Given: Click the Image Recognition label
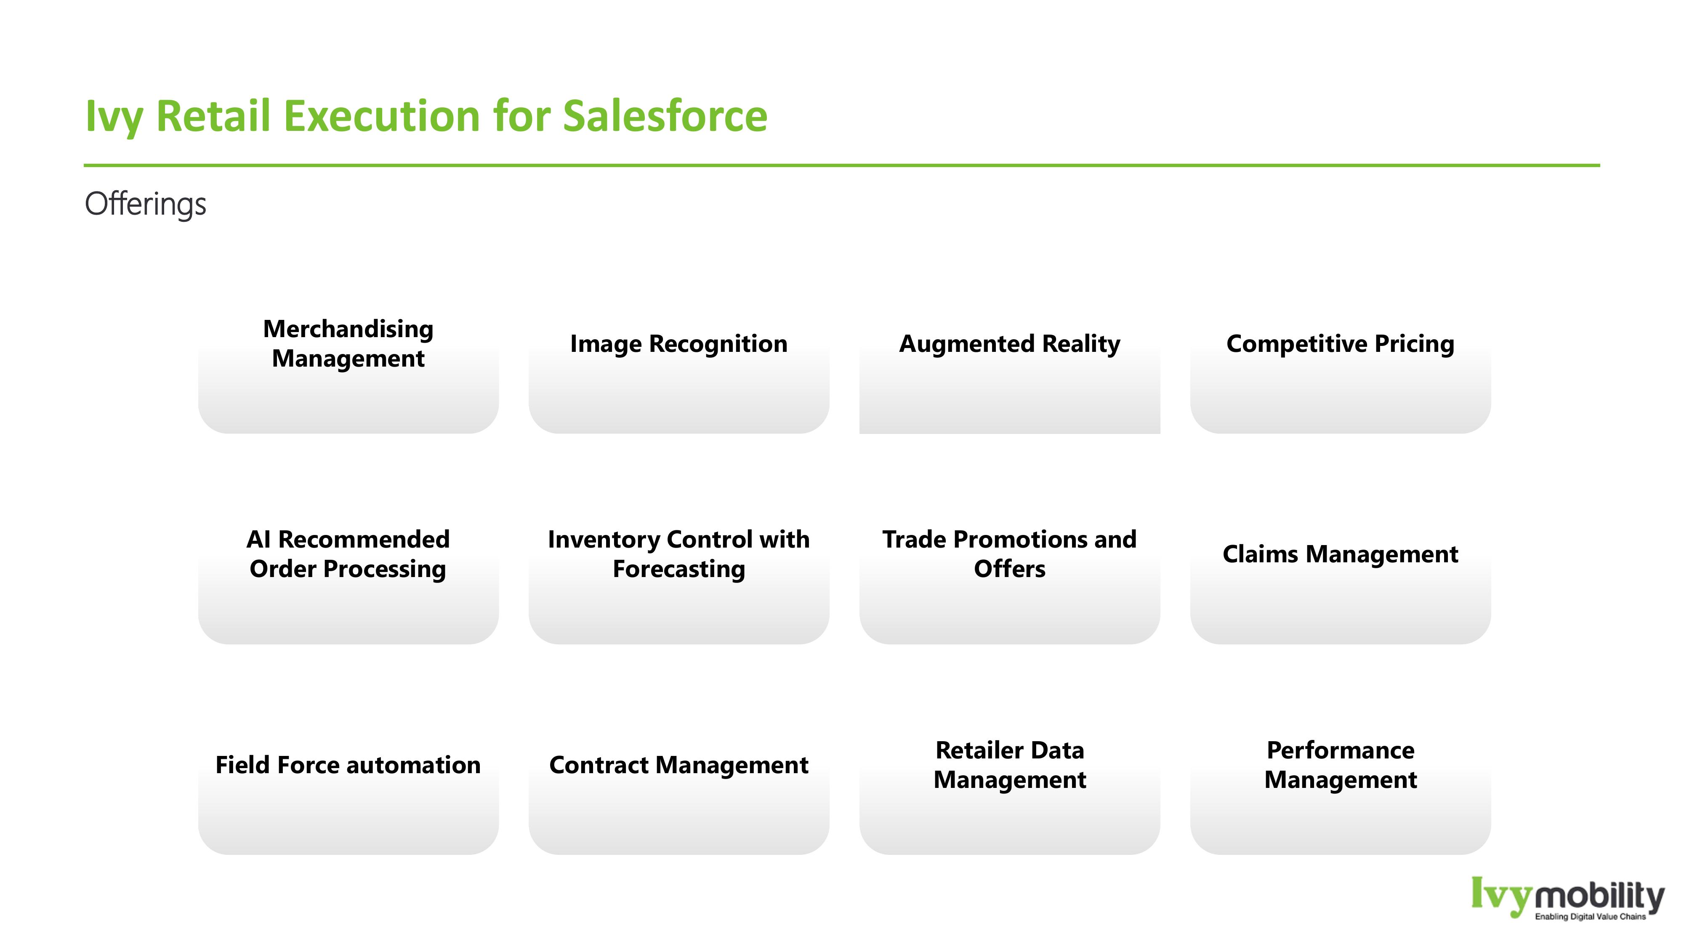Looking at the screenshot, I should click(678, 344).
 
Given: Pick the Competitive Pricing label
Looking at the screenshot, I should click(1340, 344).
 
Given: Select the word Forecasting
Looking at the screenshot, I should click(678, 569).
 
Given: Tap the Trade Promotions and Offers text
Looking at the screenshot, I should click(1009, 554).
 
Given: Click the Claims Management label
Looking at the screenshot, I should click(1340, 554).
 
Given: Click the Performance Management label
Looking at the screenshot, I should click(1340, 765).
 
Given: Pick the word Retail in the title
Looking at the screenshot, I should click(213, 116).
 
